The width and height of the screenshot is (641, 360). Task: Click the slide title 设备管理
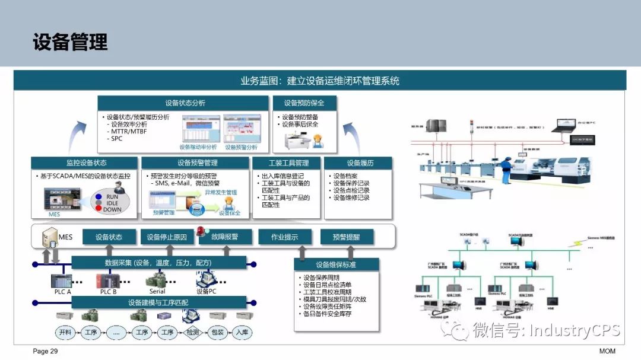coord(70,42)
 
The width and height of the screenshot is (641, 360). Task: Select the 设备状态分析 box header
coord(185,103)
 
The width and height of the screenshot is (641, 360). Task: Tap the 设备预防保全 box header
coord(304,103)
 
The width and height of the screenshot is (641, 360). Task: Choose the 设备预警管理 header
coord(197,163)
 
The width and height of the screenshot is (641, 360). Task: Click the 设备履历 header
coord(360,163)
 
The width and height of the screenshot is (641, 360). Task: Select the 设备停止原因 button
coord(167,237)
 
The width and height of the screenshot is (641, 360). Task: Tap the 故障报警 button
coord(226,237)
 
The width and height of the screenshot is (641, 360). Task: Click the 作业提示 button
coord(284,237)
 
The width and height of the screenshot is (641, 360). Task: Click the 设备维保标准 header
coord(336,265)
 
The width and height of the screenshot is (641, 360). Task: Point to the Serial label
coord(157,292)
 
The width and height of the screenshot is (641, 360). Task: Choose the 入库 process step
coord(242,333)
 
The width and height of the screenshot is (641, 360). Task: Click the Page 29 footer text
coord(45,352)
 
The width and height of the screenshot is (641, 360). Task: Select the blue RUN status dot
coord(99,196)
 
